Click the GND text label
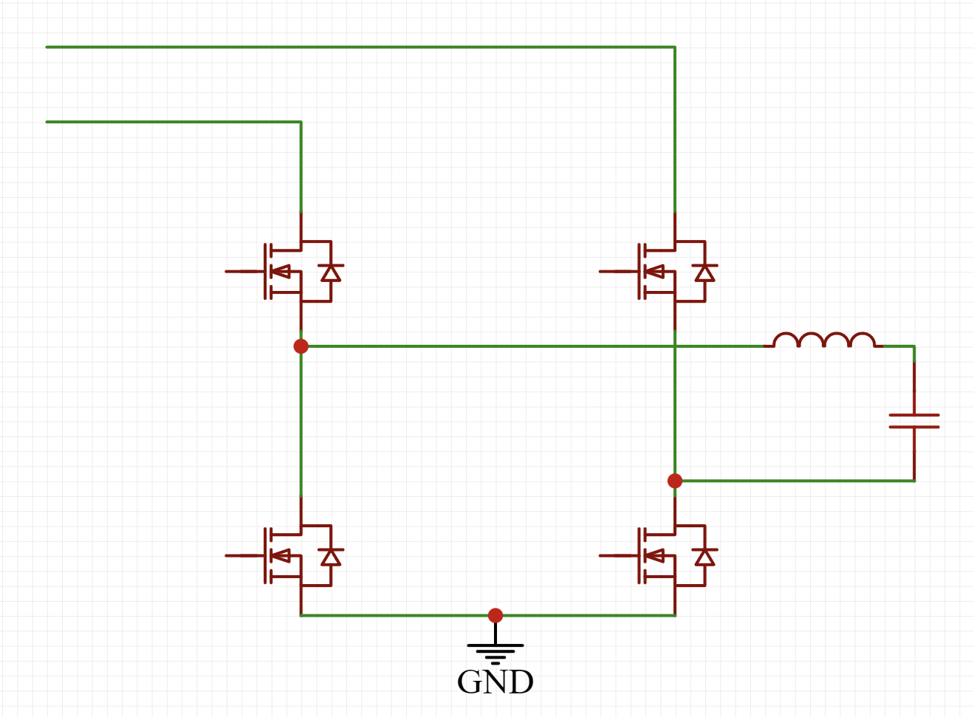(x=495, y=682)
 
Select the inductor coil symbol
(x=823, y=340)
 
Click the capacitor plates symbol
(x=914, y=421)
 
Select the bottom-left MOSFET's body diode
(x=331, y=558)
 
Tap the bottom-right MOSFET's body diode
(x=705, y=558)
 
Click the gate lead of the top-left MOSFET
(x=245, y=271)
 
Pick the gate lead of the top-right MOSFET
(x=619, y=271)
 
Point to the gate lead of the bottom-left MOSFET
(x=245, y=556)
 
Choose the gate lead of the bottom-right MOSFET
(x=619, y=556)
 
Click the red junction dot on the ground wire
(x=495, y=616)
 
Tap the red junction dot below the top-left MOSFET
(x=301, y=346)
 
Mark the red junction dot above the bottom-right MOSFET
(x=675, y=481)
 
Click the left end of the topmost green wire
(x=47, y=47)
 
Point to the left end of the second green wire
(x=47, y=122)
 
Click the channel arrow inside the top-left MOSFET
(x=281, y=271)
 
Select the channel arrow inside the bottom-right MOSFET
(x=655, y=556)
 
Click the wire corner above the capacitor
(x=914, y=346)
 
